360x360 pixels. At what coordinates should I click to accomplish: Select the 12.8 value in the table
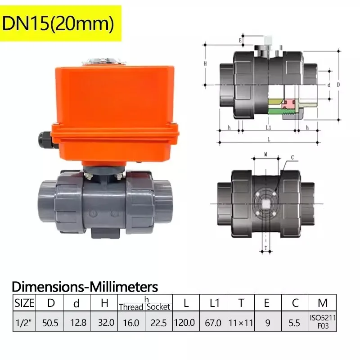coord(76,323)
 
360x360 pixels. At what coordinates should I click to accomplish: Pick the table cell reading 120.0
coord(186,323)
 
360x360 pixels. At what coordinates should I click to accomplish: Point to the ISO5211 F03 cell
coord(323,322)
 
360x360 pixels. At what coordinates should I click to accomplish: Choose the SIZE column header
coord(24,303)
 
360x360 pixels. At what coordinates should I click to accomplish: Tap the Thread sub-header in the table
coord(131,307)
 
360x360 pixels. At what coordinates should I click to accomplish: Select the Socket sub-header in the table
coord(158,307)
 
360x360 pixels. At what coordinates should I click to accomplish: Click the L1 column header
coord(214,303)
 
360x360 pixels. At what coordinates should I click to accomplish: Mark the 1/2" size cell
coord(24,323)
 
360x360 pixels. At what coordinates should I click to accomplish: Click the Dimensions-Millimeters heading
coord(85,286)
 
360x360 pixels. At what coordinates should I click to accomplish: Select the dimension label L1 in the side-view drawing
coord(268,127)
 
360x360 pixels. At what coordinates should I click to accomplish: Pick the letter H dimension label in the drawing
coord(205,64)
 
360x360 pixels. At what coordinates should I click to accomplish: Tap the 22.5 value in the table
coord(158,323)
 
